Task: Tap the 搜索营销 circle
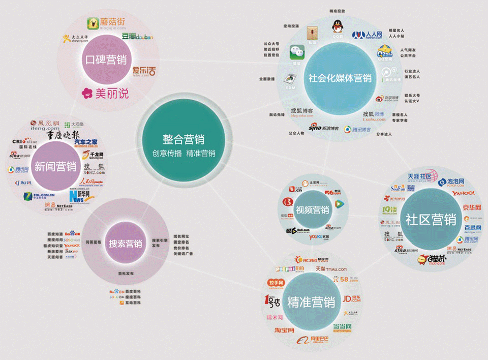coord(125,244)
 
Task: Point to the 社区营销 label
coord(430,219)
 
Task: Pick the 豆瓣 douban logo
coord(137,37)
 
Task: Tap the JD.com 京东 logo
coord(351,299)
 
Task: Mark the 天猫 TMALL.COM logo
coord(331,268)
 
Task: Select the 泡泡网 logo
coord(449,181)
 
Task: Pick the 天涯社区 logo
coord(419,176)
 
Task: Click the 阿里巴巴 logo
coord(313,340)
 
